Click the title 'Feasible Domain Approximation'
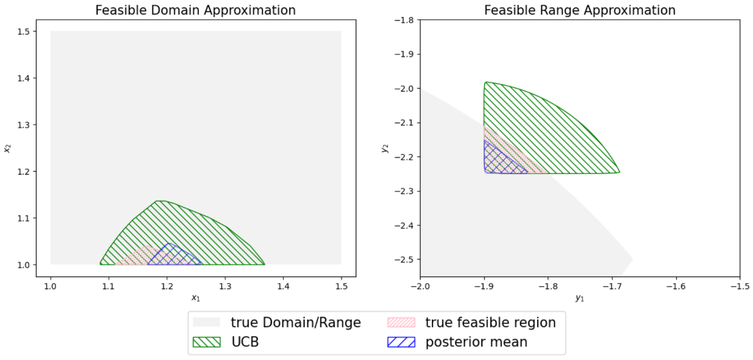pyautogui.click(x=196, y=10)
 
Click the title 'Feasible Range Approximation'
pyautogui.click(x=580, y=10)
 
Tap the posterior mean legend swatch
pyautogui.click(x=403, y=342)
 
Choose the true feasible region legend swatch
pyautogui.click(x=403, y=323)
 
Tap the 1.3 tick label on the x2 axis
pyautogui.click(x=22, y=125)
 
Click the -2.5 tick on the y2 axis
pyautogui.click(x=403, y=259)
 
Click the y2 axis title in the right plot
pyautogui.click(x=386, y=148)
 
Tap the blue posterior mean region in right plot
pyautogui.click(x=499, y=161)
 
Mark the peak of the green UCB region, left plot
pyautogui.click(x=158, y=201)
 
